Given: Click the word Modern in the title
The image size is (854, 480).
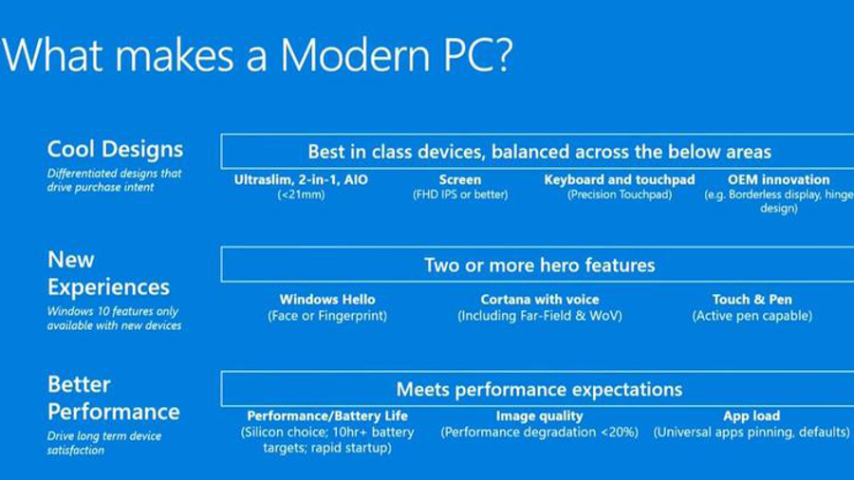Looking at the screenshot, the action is [x=356, y=54].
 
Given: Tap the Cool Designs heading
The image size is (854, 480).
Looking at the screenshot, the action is [x=115, y=150].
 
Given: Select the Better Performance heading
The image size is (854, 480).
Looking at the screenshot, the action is [x=113, y=397].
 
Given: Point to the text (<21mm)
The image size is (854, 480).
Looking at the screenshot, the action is [x=301, y=194].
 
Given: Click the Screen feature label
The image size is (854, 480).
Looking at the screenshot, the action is [x=460, y=179].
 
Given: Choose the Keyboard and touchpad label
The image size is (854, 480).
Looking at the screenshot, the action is [x=620, y=179].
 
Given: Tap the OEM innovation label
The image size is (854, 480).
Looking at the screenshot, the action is [x=779, y=179].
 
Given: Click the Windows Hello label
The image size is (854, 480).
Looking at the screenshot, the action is [x=327, y=300].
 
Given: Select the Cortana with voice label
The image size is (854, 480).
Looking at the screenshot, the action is [x=540, y=300].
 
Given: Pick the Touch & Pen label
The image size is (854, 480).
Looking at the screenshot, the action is [x=752, y=300].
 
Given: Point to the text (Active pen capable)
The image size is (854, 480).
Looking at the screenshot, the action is [x=752, y=316].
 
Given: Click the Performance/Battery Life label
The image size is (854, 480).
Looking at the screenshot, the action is [x=327, y=415].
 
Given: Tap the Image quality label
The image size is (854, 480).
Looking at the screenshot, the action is [x=539, y=415].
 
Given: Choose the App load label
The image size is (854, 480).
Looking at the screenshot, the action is [x=752, y=415].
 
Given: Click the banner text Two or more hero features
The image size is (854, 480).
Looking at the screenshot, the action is [x=540, y=265].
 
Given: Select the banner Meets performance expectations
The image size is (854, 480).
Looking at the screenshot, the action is [x=539, y=389].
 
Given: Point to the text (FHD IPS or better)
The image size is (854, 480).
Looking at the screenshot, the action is [x=460, y=194].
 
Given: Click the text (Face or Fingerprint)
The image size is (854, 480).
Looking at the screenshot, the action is [x=327, y=316].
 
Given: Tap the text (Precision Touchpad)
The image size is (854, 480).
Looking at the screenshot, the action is [x=620, y=194].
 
